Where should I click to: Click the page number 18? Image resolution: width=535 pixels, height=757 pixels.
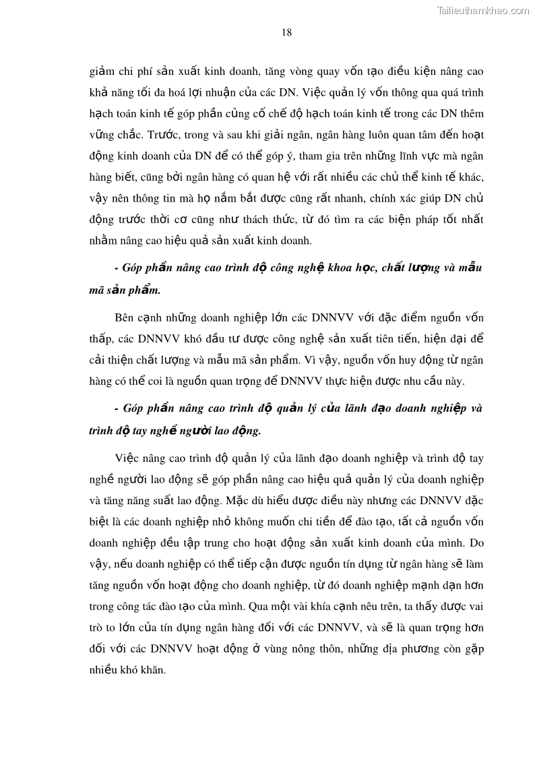click(x=286, y=32)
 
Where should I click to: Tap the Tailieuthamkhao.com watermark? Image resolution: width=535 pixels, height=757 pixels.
click(x=483, y=10)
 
